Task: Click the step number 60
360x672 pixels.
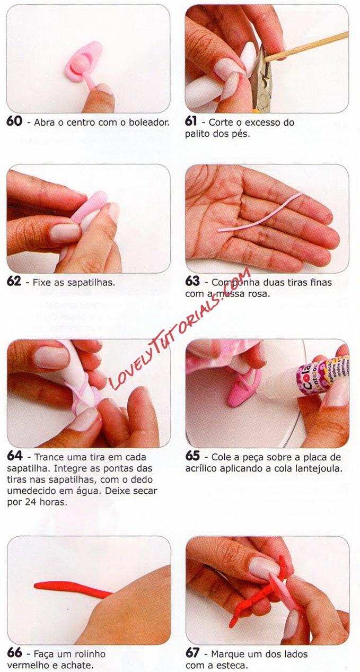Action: [14, 121]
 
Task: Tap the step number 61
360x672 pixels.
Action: [191, 121]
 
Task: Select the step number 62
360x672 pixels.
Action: [14, 282]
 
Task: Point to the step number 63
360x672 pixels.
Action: [192, 282]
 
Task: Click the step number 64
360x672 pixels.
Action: [14, 456]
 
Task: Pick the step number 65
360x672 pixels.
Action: [192, 456]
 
